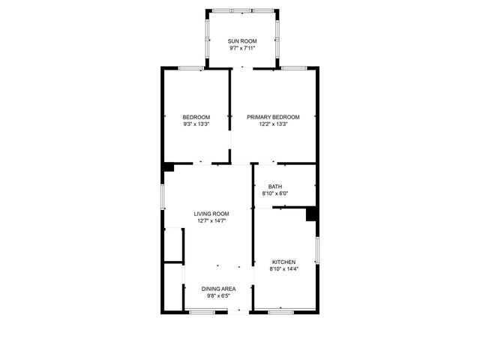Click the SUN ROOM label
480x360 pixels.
click(241, 40)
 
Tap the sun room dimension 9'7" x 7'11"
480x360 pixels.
click(241, 48)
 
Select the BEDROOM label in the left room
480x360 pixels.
click(196, 117)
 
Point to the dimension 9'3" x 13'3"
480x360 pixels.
click(196, 124)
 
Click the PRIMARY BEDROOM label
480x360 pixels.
click(274, 117)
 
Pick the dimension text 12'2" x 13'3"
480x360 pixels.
click(274, 124)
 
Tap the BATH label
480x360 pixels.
click(275, 187)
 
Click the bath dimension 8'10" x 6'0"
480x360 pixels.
click(275, 193)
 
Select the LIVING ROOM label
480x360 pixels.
click(211, 214)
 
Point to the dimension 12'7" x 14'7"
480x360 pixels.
click(211, 221)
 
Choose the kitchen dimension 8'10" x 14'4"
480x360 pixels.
click(285, 269)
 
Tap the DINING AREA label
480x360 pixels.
click(219, 289)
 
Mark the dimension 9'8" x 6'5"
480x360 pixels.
click(219, 296)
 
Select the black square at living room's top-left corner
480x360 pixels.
click(169, 167)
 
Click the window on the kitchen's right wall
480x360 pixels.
click(317, 250)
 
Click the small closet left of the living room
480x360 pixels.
click(173, 245)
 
